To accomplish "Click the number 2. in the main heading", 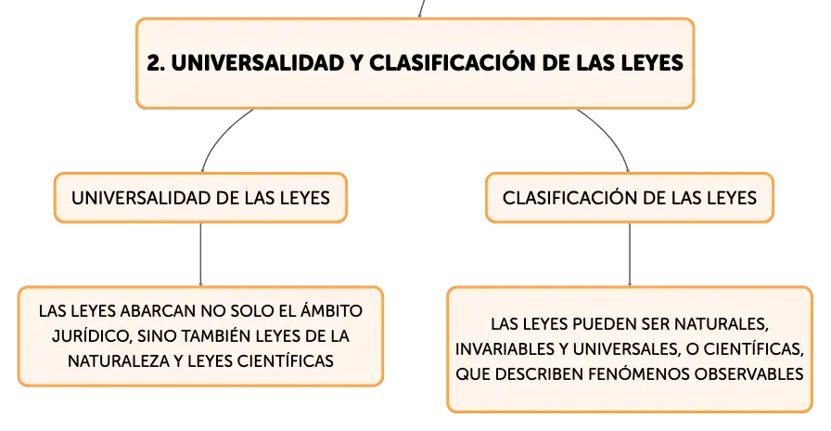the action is tap(155, 63).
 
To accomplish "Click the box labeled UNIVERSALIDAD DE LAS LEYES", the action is tap(201, 198).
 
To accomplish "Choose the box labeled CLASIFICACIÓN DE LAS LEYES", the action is tap(630, 198).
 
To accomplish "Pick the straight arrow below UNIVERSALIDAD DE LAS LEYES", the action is tap(201, 255).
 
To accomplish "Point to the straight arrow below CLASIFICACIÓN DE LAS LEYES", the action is tap(630, 255).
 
